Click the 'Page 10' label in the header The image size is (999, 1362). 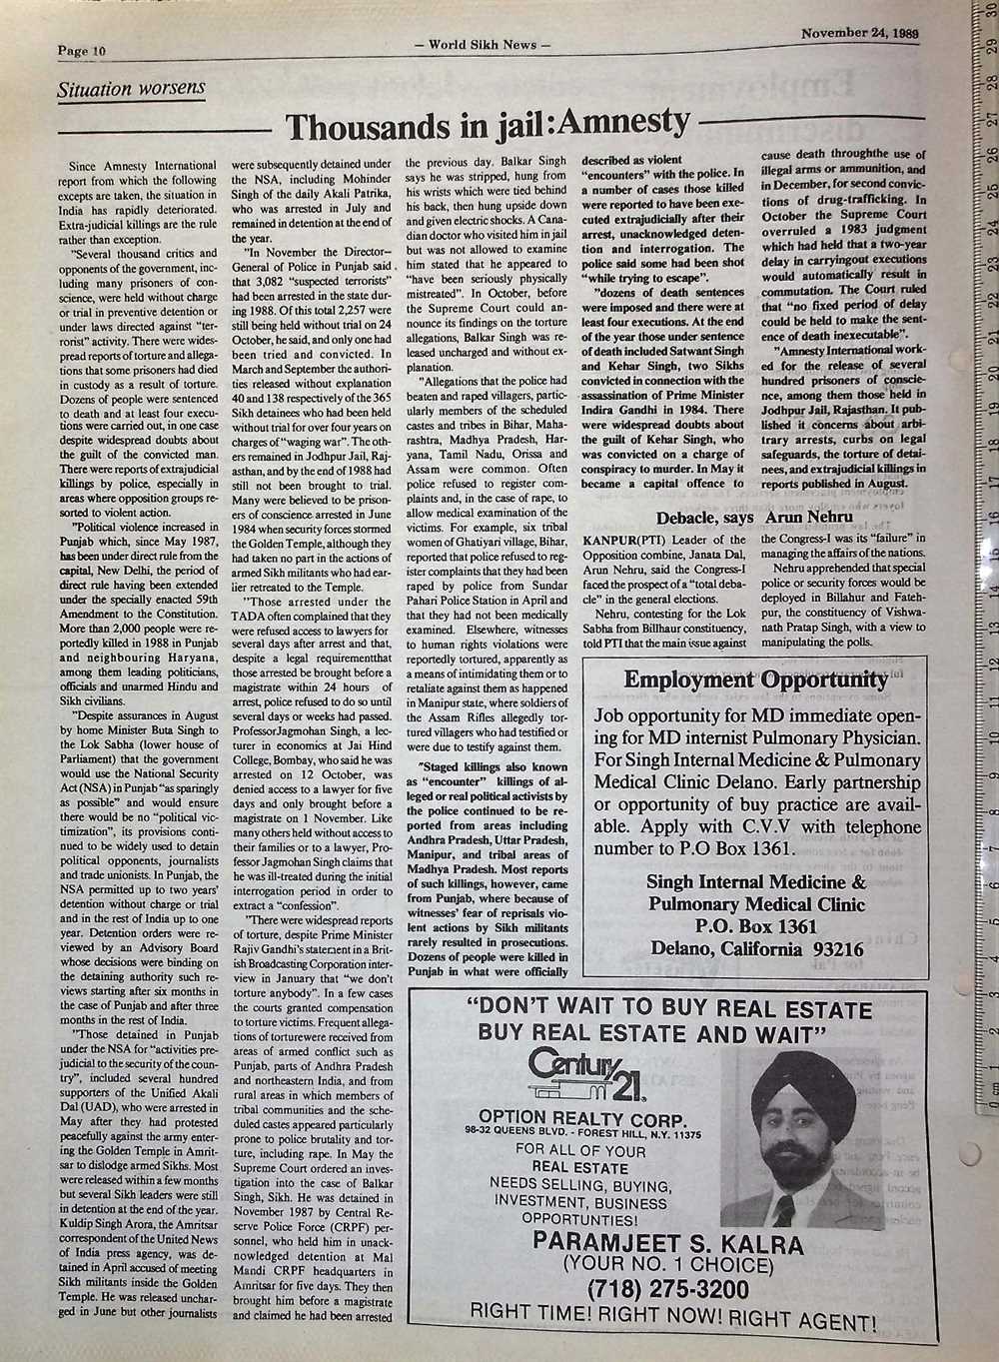pos(81,51)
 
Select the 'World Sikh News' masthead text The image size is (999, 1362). pos(482,45)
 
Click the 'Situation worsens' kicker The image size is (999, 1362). pos(132,89)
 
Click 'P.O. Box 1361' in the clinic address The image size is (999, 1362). pos(756,926)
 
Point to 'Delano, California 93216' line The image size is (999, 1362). pos(756,949)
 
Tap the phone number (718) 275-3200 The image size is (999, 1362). pos(667,1289)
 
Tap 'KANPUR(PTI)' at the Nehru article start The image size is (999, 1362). pos(619,540)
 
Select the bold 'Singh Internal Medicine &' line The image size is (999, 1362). pos(756,882)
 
